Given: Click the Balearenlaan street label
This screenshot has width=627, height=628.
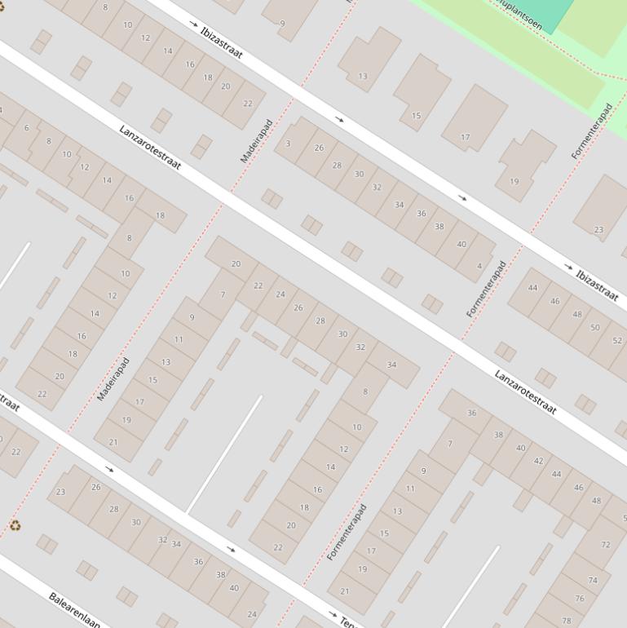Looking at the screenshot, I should pyautogui.click(x=74, y=608).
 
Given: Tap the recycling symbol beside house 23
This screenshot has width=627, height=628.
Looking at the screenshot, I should pyautogui.click(x=15, y=525).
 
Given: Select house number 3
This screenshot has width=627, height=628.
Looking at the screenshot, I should pyautogui.click(x=288, y=144).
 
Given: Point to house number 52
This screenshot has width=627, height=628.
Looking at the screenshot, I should pyautogui.click(x=617, y=341).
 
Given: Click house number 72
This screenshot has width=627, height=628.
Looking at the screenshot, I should pyautogui.click(x=605, y=544).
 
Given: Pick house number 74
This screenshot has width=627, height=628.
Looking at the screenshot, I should pyautogui.click(x=593, y=580).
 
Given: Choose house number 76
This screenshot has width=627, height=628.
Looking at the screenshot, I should pyautogui.click(x=579, y=598).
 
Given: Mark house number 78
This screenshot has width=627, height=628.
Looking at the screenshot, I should pyautogui.click(x=567, y=621).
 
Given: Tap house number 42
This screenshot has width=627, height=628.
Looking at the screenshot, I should pyautogui.click(x=538, y=461).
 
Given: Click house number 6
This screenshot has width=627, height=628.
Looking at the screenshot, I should pyautogui.click(x=26, y=127).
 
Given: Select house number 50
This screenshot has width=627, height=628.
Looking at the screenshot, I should pyautogui.click(x=595, y=328).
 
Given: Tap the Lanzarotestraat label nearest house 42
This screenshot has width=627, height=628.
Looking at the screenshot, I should pyautogui.click(x=526, y=391).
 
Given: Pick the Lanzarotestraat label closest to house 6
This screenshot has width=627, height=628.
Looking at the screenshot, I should pyautogui.click(x=149, y=147).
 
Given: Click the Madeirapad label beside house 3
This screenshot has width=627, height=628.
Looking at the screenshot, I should pyautogui.click(x=256, y=141).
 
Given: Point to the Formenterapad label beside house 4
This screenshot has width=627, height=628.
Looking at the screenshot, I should pyautogui.click(x=487, y=288).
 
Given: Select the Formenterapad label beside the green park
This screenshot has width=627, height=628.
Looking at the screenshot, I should pyautogui.click(x=592, y=130).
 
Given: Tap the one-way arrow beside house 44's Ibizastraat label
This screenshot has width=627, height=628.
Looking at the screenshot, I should pyautogui.click(x=568, y=267).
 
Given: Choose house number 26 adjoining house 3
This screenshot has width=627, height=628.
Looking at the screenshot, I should pyautogui.click(x=319, y=148).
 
